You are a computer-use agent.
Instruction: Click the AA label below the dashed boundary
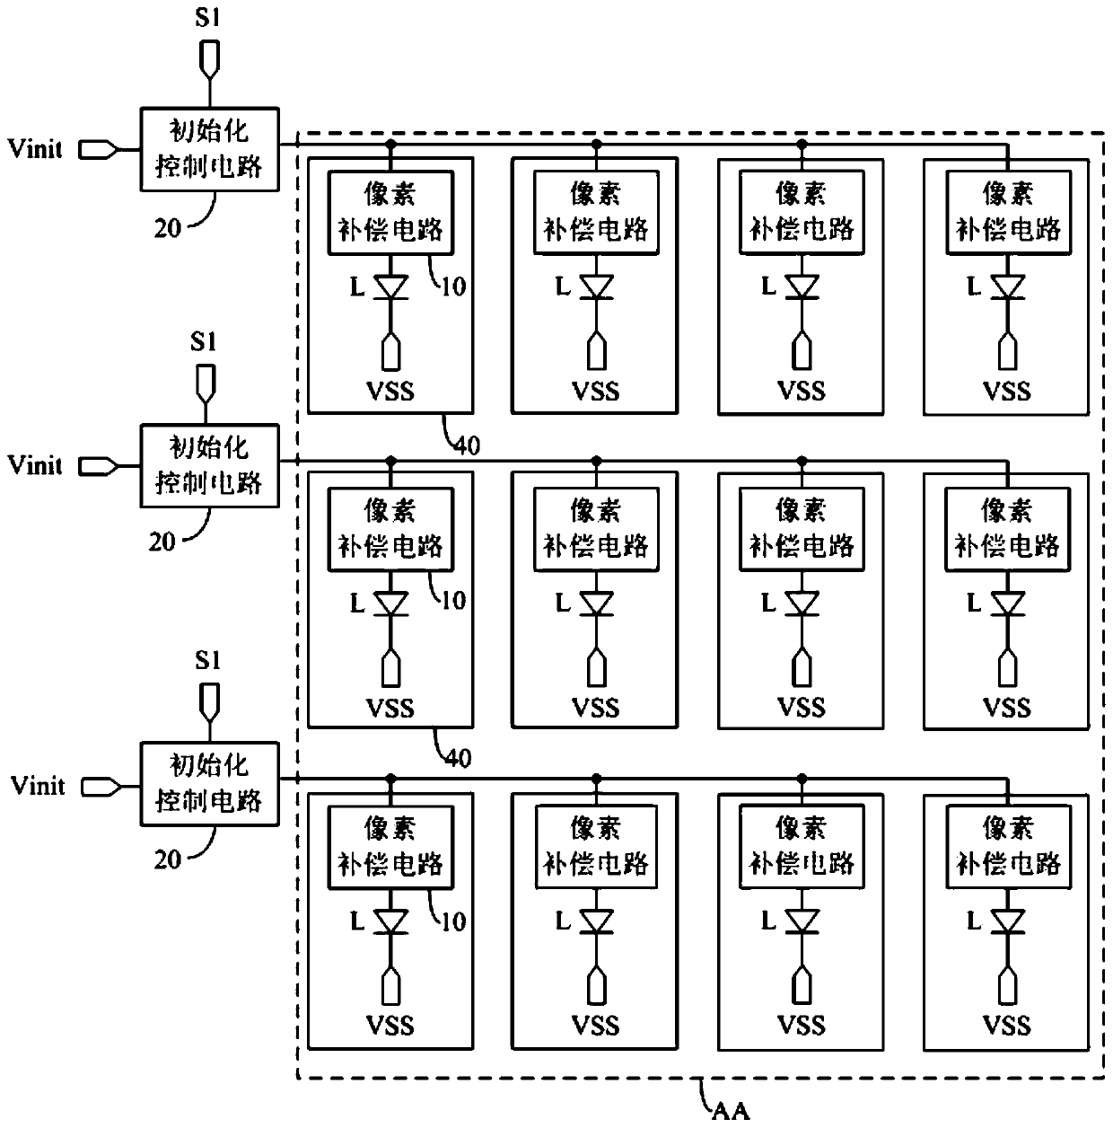(731, 1110)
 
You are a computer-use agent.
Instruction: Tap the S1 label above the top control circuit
(207, 18)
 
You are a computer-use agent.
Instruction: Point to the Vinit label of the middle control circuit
(35, 465)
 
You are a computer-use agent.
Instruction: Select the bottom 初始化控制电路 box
(209, 784)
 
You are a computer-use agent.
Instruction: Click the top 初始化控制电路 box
(209, 149)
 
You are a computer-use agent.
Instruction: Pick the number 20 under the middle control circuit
(162, 542)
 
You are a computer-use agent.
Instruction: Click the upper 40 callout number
(467, 446)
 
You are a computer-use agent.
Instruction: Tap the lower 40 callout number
(458, 759)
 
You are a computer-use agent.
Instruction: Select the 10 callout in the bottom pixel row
(453, 921)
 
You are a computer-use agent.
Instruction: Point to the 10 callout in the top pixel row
(453, 286)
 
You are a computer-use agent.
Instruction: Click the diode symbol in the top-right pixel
(1008, 287)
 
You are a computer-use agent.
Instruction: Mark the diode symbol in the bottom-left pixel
(390, 922)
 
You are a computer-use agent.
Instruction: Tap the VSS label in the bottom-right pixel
(1007, 1026)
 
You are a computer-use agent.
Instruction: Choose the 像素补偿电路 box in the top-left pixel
(390, 213)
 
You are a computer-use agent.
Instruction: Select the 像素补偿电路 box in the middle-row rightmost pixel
(1008, 529)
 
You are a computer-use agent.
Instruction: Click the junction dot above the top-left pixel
(390, 144)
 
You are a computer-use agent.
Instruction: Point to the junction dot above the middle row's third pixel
(802, 462)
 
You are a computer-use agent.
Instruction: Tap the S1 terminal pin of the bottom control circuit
(209, 702)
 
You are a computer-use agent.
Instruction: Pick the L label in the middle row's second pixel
(563, 603)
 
